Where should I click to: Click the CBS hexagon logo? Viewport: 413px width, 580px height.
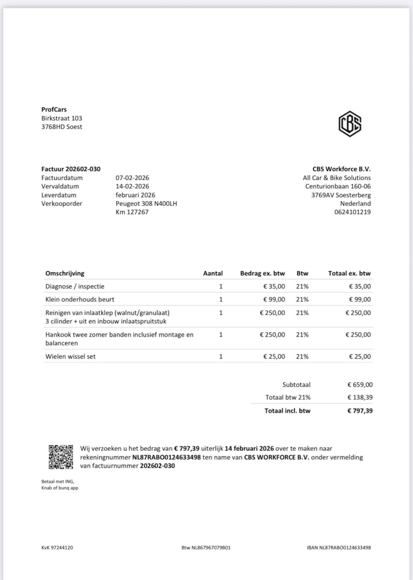[x=350, y=124]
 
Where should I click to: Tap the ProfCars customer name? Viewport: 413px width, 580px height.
[x=54, y=110]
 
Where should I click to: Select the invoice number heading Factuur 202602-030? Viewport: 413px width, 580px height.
[x=71, y=169]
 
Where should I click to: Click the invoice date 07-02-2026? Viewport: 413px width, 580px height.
[x=132, y=178]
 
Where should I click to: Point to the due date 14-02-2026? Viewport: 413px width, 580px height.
[x=132, y=186]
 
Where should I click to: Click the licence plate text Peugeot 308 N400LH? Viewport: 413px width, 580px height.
[x=146, y=204]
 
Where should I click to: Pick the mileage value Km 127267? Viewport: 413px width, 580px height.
[x=132, y=212]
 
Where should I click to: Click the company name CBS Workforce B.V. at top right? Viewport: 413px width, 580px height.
[x=341, y=169]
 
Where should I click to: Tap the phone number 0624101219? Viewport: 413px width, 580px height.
[x=352, y=212]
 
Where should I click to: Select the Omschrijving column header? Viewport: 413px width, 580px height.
[x=65, y=274]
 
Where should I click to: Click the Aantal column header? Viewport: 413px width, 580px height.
[x=213, y=274]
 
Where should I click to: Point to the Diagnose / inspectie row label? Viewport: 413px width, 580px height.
[x=75, y=286]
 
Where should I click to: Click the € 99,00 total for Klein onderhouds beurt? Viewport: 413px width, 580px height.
[x=360, y=299]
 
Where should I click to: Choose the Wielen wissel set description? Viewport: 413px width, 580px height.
[x=70, y=356]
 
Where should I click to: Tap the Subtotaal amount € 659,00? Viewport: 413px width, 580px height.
[x=360, y=385]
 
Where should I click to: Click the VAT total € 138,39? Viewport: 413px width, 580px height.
[x=360, y=397]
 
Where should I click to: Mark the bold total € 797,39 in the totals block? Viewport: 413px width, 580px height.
[x=360, y=411]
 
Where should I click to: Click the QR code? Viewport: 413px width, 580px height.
[x=61, y=457]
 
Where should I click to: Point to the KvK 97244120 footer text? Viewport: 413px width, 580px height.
[x=57, y=547]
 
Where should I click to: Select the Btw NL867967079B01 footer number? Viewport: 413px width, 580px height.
[x=206, y=547]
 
